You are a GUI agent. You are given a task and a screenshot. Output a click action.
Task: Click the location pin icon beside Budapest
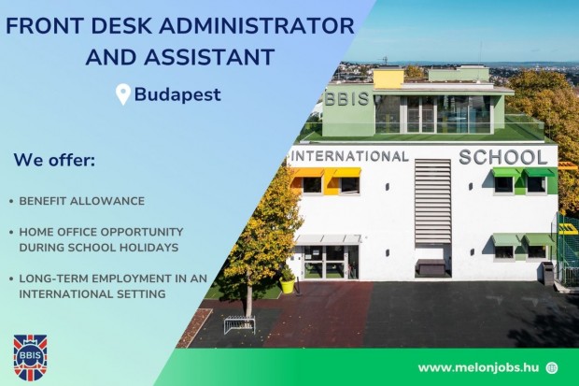[x=122, y=94]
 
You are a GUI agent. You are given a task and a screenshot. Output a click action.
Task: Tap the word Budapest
[x=177, y=94]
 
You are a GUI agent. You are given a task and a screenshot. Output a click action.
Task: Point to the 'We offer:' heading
[x=54, y=160]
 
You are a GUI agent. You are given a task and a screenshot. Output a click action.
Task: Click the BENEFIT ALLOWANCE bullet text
[x=82, y=201]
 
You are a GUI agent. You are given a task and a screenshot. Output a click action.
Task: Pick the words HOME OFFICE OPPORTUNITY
[x=101, y=232]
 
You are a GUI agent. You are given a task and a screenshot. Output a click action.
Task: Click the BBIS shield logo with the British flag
[x=30, y=357]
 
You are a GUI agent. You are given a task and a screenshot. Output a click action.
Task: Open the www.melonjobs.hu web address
[x=476, y=367]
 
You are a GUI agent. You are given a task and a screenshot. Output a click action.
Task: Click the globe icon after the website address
[x=552, y=367]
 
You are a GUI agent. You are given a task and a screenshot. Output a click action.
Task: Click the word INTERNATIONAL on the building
[x=352, y=156]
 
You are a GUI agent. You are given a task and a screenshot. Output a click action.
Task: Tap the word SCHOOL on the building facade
[x=503, y=156]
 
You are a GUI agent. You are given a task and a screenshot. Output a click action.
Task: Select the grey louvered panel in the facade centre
[x=432, y=201]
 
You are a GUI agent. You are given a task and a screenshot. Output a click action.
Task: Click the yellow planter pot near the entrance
[x=288, y=284]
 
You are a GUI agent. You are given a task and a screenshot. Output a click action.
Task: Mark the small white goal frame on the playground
[x=240, y=324]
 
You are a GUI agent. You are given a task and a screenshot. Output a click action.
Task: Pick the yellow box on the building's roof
[x=388, y=79]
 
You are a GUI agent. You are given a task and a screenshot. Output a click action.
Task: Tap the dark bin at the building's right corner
[x=547, y=272]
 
